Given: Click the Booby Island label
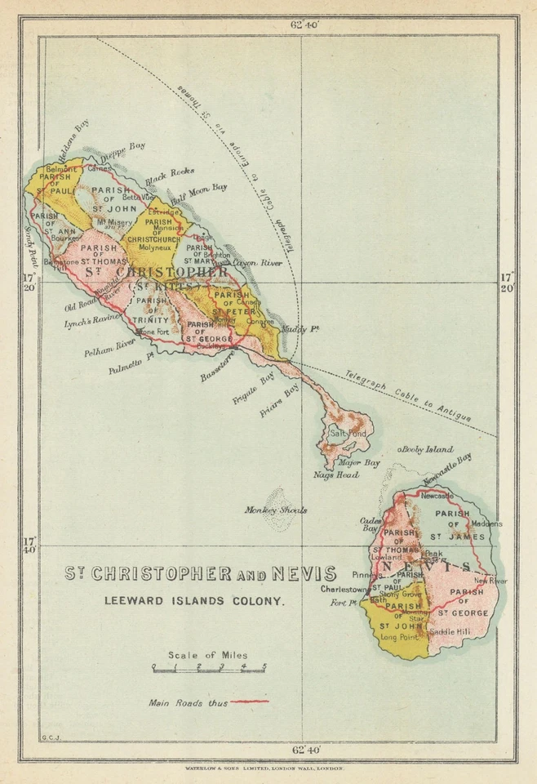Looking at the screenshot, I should point(425,450).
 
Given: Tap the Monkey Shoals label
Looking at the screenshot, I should point(275,510).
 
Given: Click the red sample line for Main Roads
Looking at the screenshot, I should point(249,701).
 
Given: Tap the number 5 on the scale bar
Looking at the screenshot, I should point(264,667).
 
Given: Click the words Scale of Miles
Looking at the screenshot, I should point(207,655).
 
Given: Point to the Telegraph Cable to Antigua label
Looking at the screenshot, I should point(407,393).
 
